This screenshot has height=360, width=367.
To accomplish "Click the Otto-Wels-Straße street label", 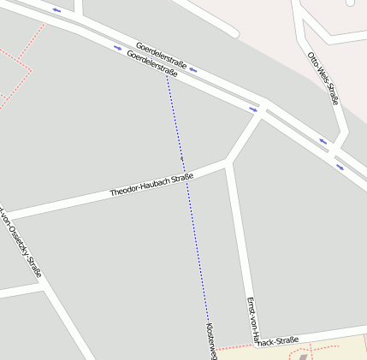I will [x=323, y=78].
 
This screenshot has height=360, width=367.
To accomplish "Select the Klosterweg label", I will [x=211, y=340].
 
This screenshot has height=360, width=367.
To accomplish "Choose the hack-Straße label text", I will [x=278, y=341].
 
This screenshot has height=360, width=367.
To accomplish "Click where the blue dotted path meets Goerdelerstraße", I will [x=167, y=75].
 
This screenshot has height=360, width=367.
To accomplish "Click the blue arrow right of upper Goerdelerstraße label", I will [x=194, y=69].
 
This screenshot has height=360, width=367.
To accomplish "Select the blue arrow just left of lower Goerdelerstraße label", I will [x=117, y=47].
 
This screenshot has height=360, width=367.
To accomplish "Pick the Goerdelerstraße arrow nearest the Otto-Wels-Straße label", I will [x=323, y=141].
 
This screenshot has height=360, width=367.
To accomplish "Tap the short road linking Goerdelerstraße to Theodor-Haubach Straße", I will [x=245, y=136].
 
